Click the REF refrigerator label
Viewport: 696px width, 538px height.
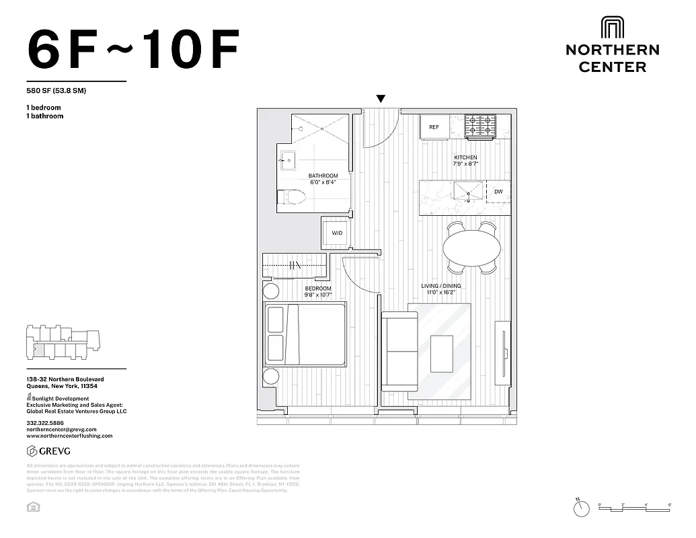(434, 126)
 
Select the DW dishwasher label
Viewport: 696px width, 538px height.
(498, 192)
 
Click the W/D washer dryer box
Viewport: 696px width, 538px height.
(337, 233)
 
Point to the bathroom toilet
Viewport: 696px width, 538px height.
(292, 198)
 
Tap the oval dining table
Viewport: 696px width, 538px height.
(471, 247)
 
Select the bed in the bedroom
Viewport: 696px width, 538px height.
(306, 334)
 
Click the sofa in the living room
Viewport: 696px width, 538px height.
(401, 351)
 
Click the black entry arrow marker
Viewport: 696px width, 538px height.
(381, 100)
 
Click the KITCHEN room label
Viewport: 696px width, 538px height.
(465, 157)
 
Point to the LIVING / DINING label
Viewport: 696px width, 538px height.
(441, 286)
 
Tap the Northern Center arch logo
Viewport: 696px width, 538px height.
(612, 28)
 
